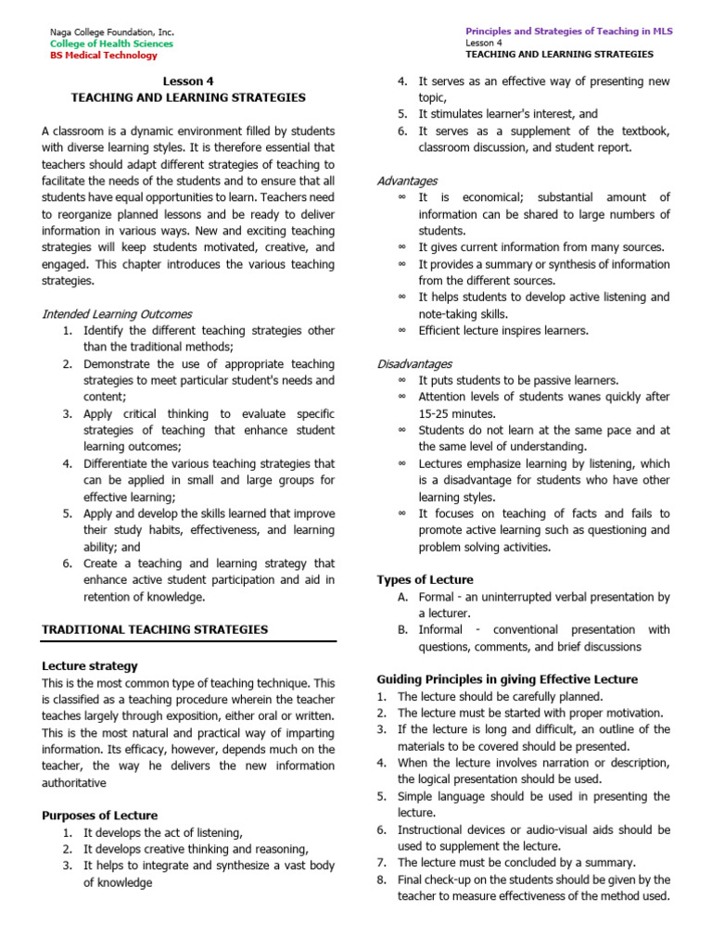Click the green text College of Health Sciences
coord(111,44)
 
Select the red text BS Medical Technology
coord(104,56)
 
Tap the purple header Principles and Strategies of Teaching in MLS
coord(569,31)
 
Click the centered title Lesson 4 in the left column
coord(188,81)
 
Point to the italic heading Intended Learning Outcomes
coord(117,314)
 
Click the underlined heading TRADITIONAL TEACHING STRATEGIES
coord(155,629)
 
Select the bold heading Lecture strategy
coord(90,665)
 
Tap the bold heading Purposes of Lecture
coord(99,816)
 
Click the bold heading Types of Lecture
coord(425,580)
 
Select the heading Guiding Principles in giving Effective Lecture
coord(507,679)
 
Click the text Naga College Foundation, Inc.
coord(111,32)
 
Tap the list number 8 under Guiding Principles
coord(381,879)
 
